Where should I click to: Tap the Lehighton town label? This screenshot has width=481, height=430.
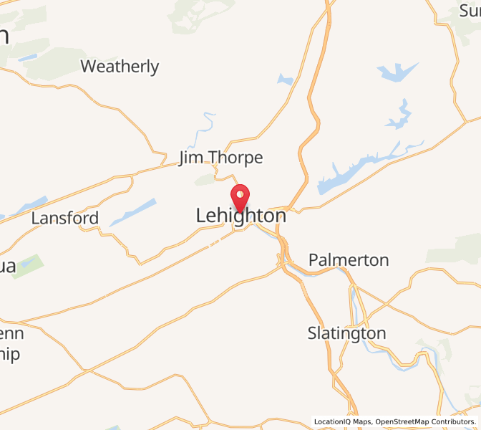(x=240, y=216)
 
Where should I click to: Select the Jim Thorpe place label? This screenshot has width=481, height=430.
(x=220, y=158)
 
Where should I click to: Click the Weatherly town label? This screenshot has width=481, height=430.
(x=120, y=67)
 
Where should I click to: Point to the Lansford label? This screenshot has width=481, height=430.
(x=64, y=219)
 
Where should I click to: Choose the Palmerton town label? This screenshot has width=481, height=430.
(x=349, y=259)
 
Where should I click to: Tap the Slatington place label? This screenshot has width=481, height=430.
(x=346, y=333)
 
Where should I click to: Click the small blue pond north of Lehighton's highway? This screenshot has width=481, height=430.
(x=286, y=80)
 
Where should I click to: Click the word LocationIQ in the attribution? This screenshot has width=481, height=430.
(x=331, y=422)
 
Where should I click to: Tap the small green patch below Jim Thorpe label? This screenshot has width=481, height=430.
(x=205, y=178)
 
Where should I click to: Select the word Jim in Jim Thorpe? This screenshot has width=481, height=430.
(x=191, y=158)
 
